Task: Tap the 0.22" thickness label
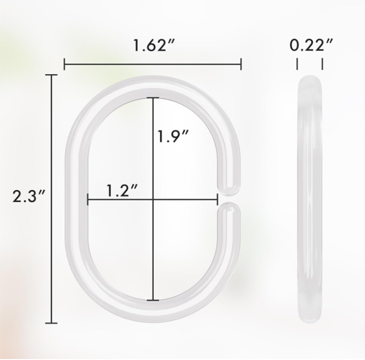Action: point(311,45)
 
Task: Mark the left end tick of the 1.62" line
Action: point(64,64)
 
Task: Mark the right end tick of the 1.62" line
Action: point(241,64)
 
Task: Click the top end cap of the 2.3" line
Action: point(51,75)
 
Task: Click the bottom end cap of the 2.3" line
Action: point(51,323)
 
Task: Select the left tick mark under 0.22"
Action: point(297,64)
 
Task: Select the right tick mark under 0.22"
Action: point(322,64)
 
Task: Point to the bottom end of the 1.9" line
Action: point(153,300)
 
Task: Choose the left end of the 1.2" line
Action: point(88,200)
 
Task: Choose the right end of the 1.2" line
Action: point(218,200)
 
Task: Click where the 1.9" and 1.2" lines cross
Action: point(153,200)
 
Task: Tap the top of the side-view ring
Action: point(310,79)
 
